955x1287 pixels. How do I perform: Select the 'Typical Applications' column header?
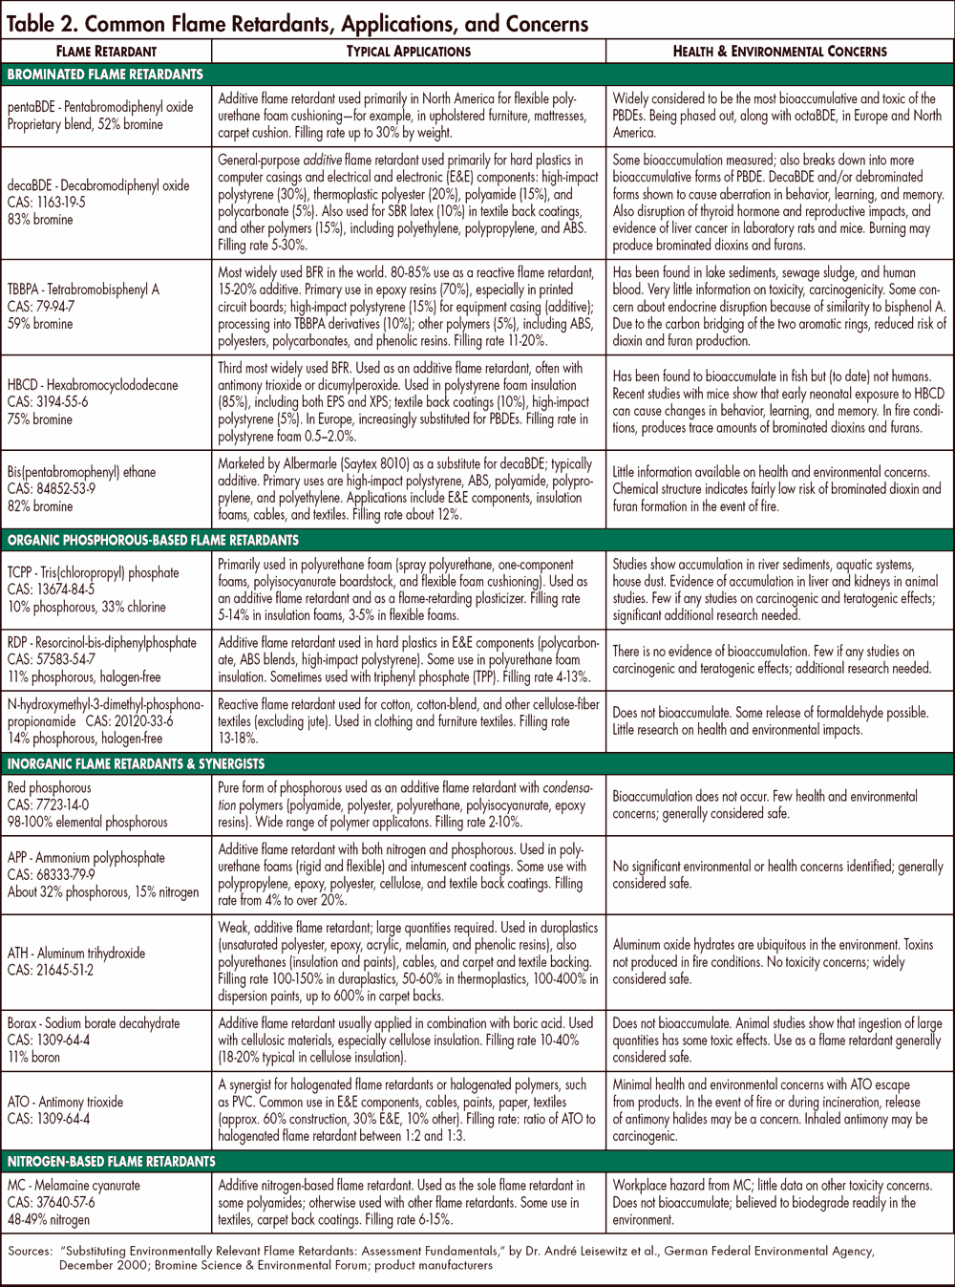(408, 52)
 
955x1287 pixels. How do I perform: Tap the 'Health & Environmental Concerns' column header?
(779, 52)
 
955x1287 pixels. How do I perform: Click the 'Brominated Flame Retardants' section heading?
(105, 75)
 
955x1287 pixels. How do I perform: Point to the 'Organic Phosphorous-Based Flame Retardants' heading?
(153, 540)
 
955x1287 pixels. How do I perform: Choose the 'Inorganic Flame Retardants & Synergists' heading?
(137, 763)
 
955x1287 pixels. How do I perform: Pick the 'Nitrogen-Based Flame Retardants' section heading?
(112, 1161)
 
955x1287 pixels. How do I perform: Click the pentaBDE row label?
(100, 107)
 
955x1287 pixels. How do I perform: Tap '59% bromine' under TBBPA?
(40, 324)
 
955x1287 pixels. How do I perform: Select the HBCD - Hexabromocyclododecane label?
(93, 385)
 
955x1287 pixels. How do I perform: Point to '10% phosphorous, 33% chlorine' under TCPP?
(87, 607)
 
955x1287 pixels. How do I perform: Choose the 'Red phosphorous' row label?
(50, 787)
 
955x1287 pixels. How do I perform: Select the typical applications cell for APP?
(408, 875)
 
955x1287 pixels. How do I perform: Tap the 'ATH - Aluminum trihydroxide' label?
(76, 953)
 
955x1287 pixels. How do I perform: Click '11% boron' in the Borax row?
(34, 1057)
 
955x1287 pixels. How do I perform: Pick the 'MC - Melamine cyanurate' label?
(74, 1185)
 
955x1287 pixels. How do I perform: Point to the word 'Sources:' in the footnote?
(30, 1250)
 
